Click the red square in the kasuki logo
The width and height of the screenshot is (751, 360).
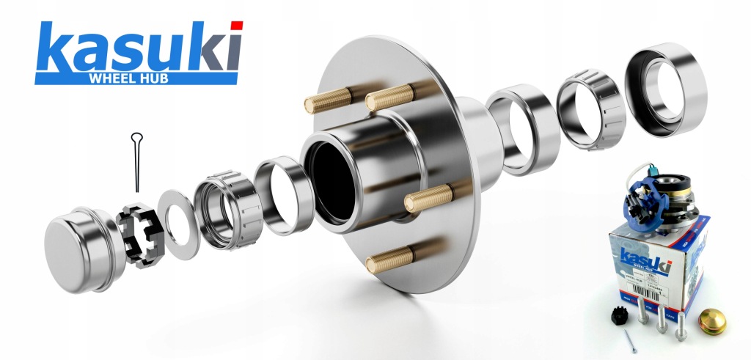tap(236, 26)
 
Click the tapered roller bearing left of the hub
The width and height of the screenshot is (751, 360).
tap(224, 209)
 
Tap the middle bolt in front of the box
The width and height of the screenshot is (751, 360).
tap(663, 315)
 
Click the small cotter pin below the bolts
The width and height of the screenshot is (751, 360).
tap(630, 339)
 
